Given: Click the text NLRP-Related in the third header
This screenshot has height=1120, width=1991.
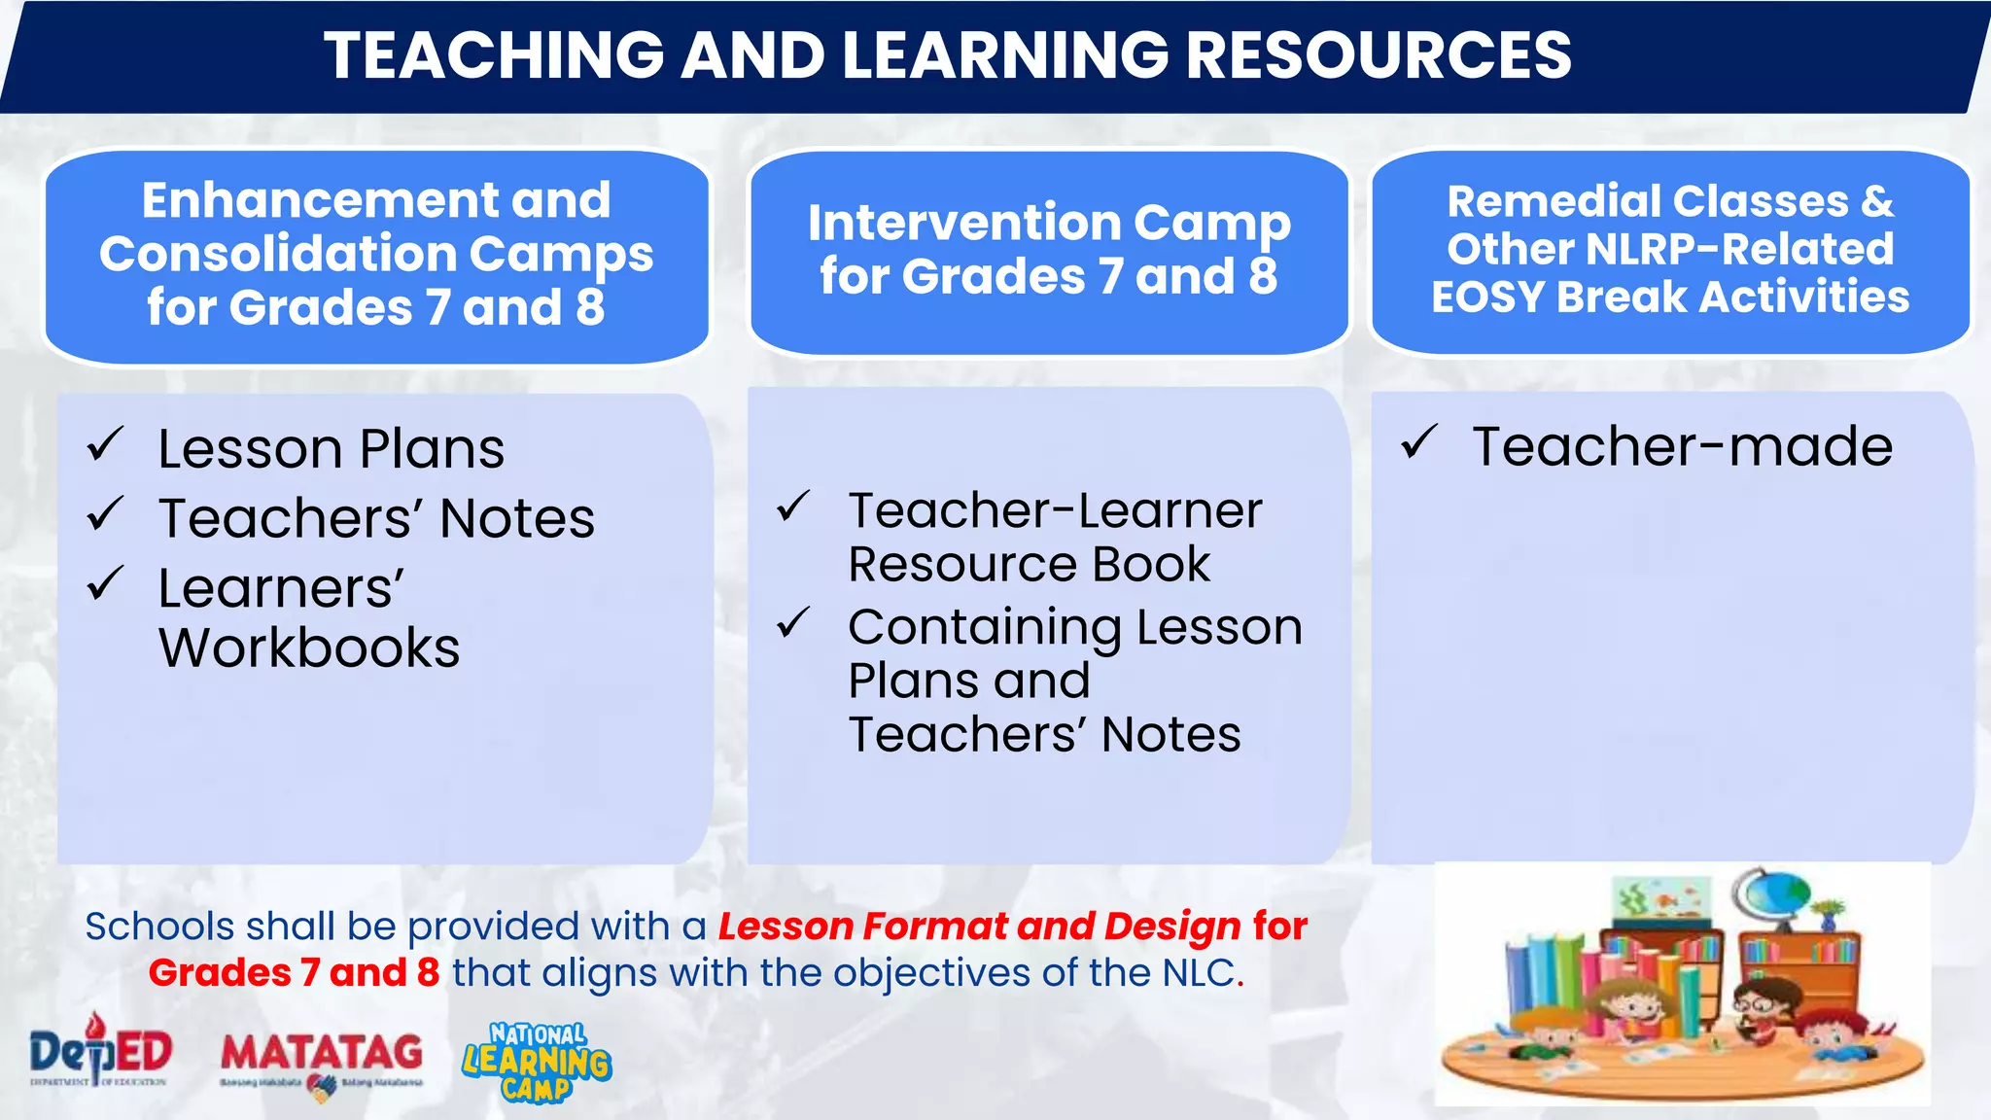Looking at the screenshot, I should coord(1740,249).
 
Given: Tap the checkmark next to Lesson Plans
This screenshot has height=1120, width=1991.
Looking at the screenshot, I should coord(105,445).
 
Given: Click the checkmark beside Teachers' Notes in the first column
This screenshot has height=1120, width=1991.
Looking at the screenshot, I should coord(105,514).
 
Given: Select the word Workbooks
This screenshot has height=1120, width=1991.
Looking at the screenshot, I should coord(309,647).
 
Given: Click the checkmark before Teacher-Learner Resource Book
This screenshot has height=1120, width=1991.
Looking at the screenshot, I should coord(793,507).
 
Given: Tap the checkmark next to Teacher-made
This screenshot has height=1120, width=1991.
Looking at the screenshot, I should coord(1419,442).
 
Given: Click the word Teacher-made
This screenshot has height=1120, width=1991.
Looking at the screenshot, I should coord(1682,446).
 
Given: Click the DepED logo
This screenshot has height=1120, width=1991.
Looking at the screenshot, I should coord(100,1052).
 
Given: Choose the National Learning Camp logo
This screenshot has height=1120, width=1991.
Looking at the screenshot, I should coord(537,1062).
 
